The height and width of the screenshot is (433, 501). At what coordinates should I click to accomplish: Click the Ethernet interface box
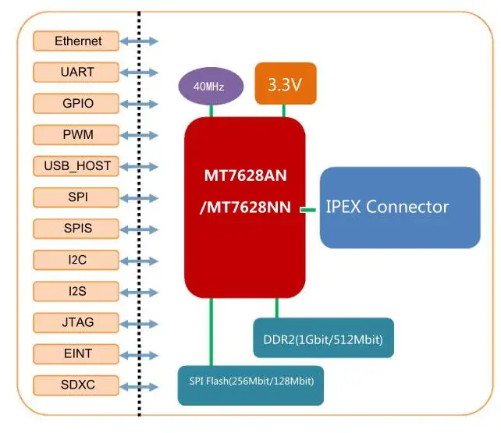tap(78, 41)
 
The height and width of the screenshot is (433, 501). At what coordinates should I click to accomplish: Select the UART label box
tap(78, 72)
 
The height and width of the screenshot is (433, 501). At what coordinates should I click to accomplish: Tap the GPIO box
tap(78, 103)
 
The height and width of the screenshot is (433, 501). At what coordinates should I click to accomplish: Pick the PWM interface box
tap(78, 134)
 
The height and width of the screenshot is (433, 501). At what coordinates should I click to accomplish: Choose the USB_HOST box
tap(78, 165)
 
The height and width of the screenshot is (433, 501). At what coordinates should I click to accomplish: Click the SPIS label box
tap(78, 228)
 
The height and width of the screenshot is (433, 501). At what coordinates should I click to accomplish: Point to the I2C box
tap(78, 259)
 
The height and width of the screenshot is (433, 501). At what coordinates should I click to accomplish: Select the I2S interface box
tap(78, 291)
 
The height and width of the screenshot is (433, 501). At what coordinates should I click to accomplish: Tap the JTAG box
tap(78, 321)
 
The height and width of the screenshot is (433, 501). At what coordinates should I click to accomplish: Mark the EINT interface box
tap(78, 353)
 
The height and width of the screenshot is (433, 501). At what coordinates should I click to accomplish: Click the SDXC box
tap(78, 384)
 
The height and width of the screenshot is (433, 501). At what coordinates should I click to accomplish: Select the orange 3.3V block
tap(285, 83)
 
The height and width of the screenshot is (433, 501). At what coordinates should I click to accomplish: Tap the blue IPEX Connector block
tap(400, 207)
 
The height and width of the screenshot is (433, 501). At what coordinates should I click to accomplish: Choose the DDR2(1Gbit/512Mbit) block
tap(322, 339)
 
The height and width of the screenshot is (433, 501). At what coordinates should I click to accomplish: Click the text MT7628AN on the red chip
tap(245, 175)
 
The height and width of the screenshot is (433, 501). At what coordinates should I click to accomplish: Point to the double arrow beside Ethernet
tap(140, 41)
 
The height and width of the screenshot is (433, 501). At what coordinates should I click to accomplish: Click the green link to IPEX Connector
tap(310, 209)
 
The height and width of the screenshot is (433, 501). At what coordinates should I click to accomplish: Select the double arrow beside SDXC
tap(140, 384)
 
